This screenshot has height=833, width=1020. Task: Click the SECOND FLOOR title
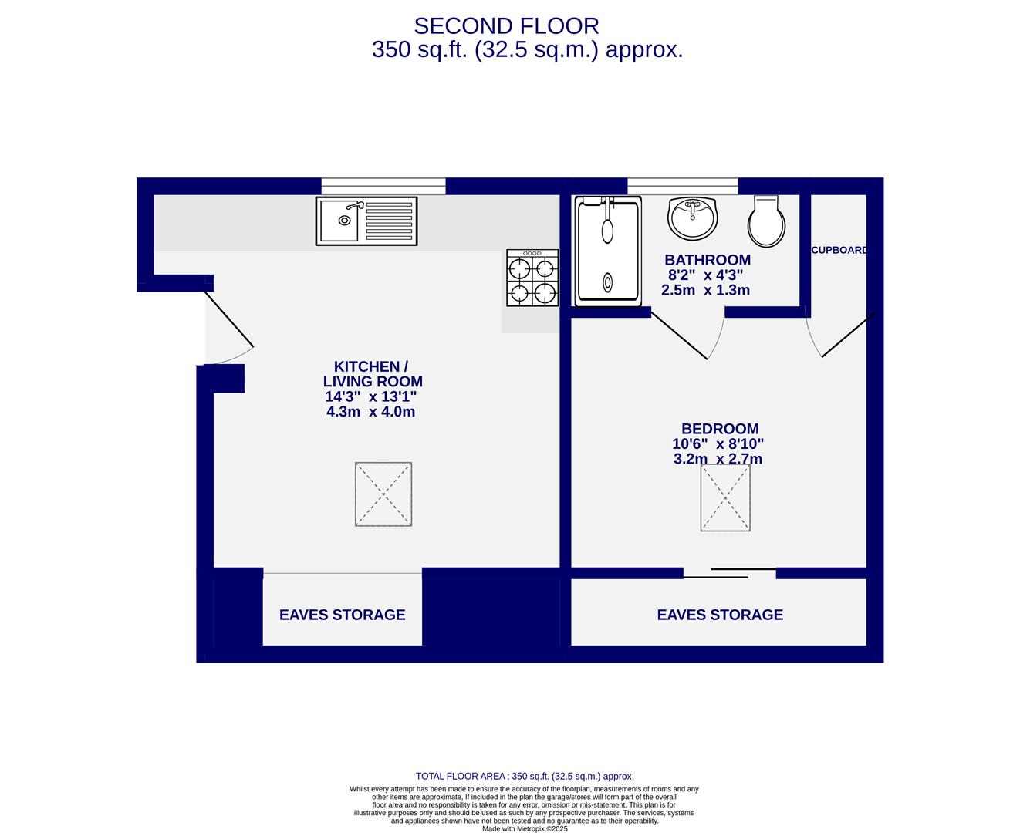pos(506,26)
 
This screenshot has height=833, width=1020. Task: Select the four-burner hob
pos(532,278)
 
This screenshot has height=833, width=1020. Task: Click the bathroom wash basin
pos(693,218)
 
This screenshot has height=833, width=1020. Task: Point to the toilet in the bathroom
pos(766,222)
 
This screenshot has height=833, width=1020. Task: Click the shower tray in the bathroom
pos(608,251)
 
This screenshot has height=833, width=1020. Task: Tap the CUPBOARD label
pos(839,250)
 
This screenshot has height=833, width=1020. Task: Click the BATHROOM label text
pos(708,260)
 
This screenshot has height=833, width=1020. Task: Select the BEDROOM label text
pos(719,429)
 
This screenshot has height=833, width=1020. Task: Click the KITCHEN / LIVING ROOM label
pos(372,374)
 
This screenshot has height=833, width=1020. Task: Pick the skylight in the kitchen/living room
pos(383,494)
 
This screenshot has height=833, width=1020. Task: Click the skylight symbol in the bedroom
pos(725,497)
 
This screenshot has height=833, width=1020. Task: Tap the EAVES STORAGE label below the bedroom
pos(720,615)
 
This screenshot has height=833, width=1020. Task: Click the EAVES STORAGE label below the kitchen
pos(342,615)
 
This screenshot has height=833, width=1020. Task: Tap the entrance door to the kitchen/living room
pos(228,321)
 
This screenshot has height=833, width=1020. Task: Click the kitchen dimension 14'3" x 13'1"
pos(371,397)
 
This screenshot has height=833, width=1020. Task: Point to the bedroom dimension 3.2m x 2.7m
pos(718,459)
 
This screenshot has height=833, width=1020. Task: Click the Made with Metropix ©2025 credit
pos(525,829)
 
